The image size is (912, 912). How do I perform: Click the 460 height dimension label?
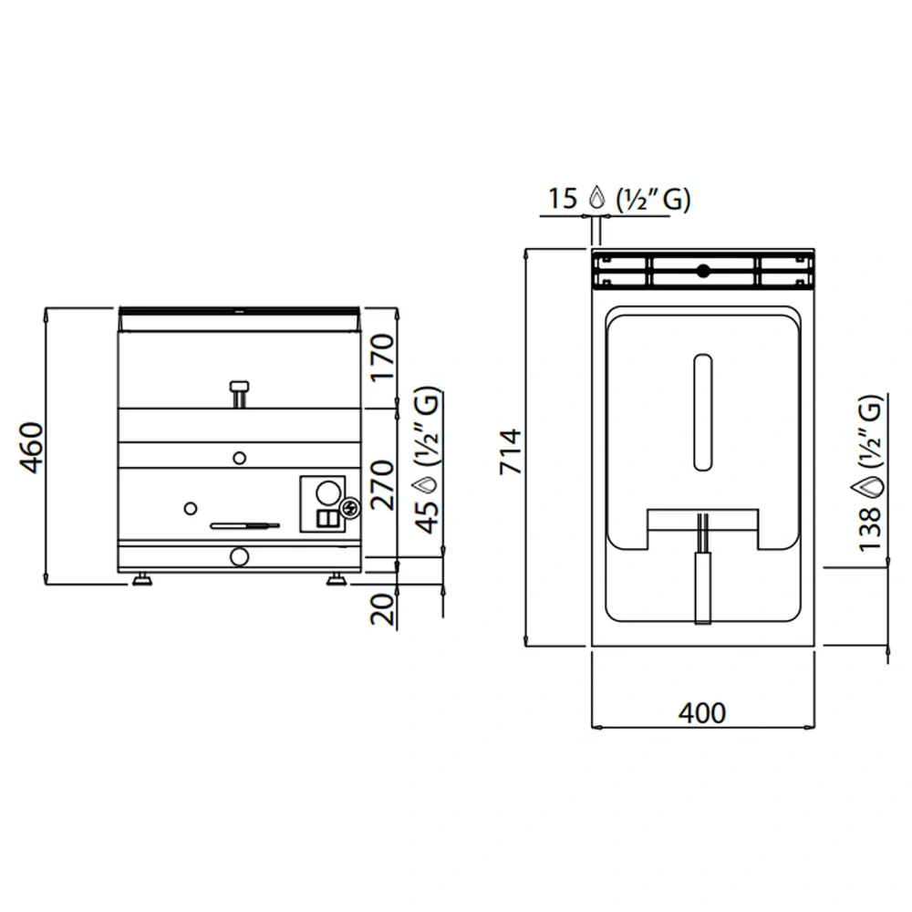tap(32, 447)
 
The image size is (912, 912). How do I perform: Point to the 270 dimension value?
tap(383, 483)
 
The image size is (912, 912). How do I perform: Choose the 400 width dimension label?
tap(702, 712)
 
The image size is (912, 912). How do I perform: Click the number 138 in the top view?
tap(871, 529)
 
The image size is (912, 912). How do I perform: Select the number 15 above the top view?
tap(563, 198)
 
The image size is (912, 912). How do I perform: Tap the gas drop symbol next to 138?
tap(871, 486)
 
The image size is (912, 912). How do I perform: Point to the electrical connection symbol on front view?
tap(349, 508)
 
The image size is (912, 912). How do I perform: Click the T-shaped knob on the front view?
tap(239, 393)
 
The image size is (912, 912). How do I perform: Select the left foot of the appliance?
tap(142, 579)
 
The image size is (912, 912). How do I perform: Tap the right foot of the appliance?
tap(336, 579)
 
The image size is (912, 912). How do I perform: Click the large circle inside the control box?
tap(326, 493)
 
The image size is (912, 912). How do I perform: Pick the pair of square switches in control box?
tap(326, 519)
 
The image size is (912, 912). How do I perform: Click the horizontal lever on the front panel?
tap(244, 525)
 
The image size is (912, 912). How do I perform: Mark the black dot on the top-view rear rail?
tap(702, 270)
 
